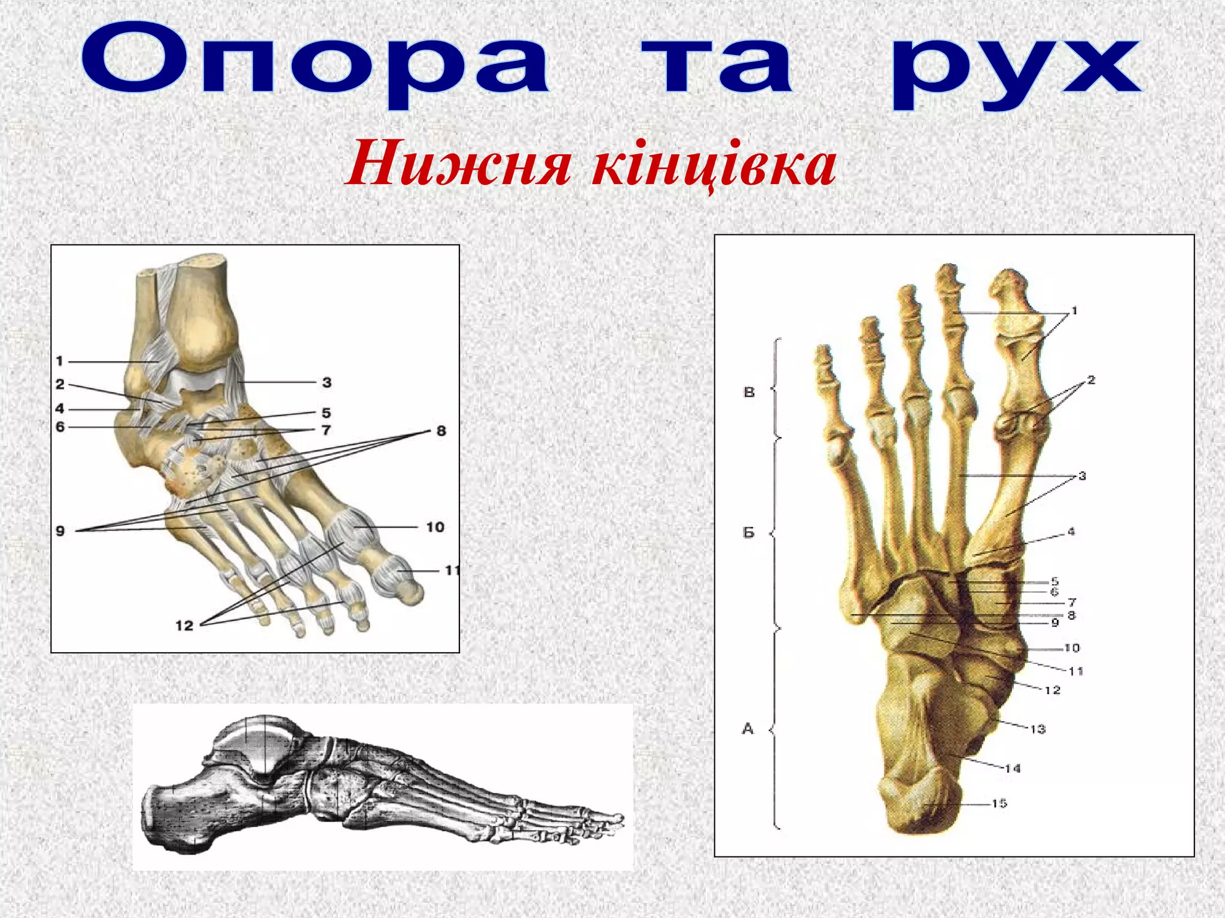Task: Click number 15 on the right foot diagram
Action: coord(999,803)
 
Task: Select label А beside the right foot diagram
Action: coord(748,729)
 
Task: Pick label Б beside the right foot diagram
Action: coord(749,532)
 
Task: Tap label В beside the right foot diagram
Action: coord(749,392)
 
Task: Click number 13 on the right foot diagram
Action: coord(1038,729)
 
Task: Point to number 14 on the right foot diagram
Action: coord(1013,769)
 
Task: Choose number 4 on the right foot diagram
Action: coord(1071,531)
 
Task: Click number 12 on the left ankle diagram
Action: coord(184,625)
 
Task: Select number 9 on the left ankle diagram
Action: coord(60,531)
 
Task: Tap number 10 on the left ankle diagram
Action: coord(435,527)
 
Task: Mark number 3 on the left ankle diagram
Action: coord(327,382)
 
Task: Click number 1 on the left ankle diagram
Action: coord(59,361)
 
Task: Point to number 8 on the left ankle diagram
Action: coord(441,431)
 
